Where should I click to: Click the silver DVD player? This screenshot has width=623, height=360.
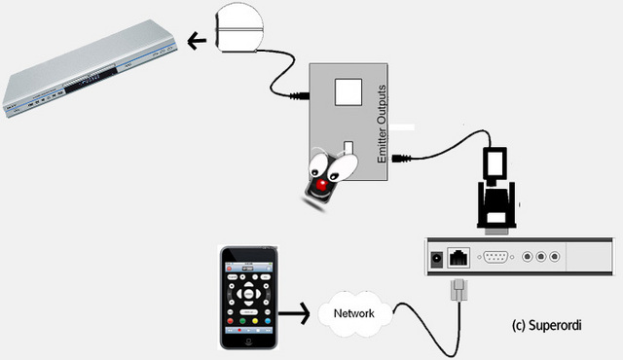coord(90,68)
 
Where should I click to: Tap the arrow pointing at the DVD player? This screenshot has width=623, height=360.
coord(197,41)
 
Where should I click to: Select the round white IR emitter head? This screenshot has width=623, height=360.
coord(238,28)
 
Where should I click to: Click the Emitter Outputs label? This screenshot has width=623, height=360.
coord(382,124)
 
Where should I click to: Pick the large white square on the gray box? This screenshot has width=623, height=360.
coord(348,92)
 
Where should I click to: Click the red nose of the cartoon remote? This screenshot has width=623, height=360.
coord(322,185)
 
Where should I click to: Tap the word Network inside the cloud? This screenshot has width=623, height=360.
coord(353,313)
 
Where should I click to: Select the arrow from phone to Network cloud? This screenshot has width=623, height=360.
coord(294,313)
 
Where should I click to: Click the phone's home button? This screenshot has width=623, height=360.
coord(248,342)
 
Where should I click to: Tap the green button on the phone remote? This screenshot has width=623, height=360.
coord(242,321)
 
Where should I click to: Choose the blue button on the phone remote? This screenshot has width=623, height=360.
coord(268,321)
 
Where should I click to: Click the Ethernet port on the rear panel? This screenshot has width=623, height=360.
coord(458,257)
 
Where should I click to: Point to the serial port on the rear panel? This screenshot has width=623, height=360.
coord(495,257)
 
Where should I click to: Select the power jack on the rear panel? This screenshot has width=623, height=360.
coord(437,259)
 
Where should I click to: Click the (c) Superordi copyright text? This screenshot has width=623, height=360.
coord(547,326)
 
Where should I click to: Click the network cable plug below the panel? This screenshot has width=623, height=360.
coord(458,290)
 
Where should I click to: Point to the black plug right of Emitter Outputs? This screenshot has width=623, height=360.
coord(401,159)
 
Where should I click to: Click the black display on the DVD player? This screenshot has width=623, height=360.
coord(91,81)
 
